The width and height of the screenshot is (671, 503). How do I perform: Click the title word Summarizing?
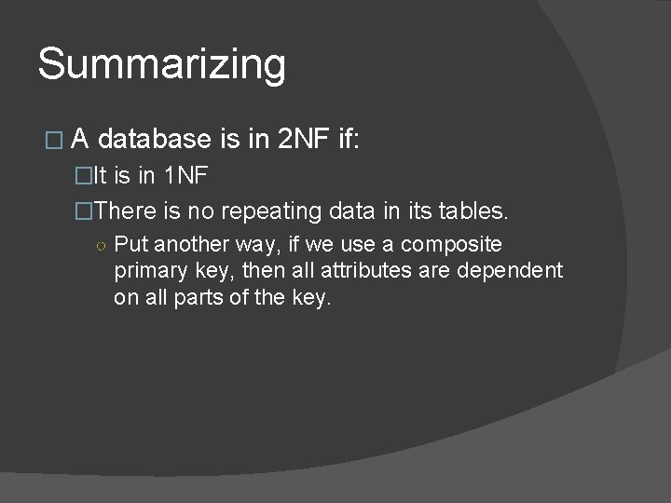coord(161,64)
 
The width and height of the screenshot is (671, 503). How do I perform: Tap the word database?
coord(154,140)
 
